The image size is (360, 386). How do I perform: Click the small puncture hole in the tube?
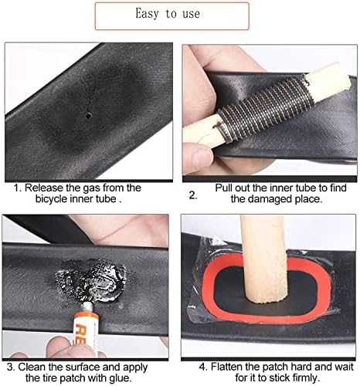click(88, 116)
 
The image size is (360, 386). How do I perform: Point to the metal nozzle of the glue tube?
click(88, 307)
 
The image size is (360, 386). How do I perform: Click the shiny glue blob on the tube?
click(91, 281)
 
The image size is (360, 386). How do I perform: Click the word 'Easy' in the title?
click(147, 13)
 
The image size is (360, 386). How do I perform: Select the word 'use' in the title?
click(192, 14)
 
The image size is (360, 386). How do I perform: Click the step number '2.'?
click(193, 195)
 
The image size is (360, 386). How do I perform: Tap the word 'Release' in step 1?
click(44, 188)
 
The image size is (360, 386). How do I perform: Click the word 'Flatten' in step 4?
click(227, 367)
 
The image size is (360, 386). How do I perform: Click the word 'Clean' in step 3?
click(32, 367)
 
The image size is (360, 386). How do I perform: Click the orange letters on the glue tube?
click(82, 334)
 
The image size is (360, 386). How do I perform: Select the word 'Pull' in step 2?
click(223, 188)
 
